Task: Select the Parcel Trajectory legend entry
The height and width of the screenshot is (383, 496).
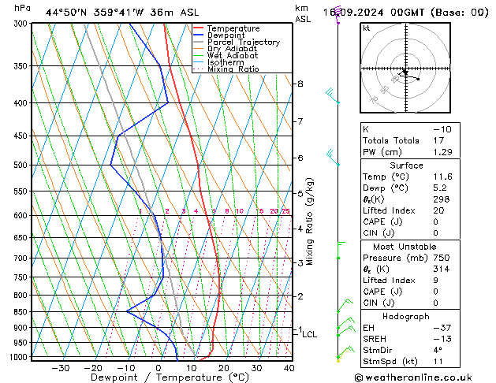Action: [x=242, y=43]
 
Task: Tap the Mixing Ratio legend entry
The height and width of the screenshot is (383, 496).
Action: [x=233, y=69]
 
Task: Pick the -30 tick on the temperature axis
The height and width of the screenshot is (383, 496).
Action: [x=60, y=368]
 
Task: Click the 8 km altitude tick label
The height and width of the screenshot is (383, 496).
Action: [x=300, y=84]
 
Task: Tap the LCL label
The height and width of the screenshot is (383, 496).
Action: [x=310, y=334]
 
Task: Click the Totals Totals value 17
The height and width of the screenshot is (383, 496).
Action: [x=438, y=140]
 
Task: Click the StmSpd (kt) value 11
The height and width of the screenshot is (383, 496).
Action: [x=438, y=362]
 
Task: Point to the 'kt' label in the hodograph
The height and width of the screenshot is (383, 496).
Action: [x=366, y=28]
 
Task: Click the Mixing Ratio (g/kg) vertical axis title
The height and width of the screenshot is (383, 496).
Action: [x=310, y=221]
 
